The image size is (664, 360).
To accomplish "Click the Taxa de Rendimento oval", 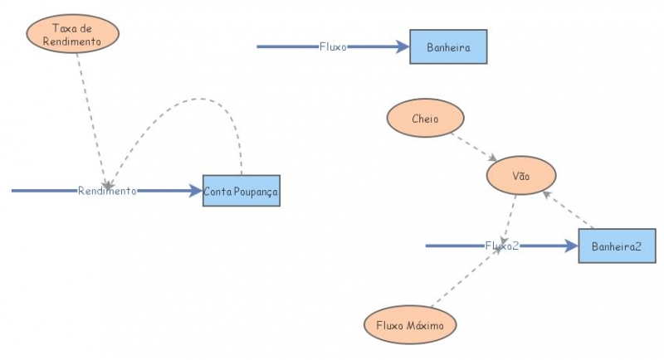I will click(72, 34).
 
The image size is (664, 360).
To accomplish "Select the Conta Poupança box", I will click(242, 191).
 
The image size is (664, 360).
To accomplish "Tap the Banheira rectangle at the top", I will click(448, 47).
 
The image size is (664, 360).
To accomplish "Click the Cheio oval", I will click(425, 119).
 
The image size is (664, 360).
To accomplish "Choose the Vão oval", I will click(520, 176).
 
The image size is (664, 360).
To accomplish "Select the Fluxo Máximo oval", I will click(410, 325).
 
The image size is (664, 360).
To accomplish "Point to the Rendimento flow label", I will click(107, 191).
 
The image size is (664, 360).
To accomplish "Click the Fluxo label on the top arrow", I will click(333, 47).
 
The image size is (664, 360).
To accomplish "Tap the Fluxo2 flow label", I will click(502, 246).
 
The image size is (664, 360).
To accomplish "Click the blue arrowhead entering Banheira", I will click(403, 47).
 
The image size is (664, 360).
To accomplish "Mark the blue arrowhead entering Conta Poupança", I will click(195, 191).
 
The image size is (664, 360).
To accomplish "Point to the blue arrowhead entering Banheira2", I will click(570, 246).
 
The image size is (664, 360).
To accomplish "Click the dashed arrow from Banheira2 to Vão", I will click(569, 210).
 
